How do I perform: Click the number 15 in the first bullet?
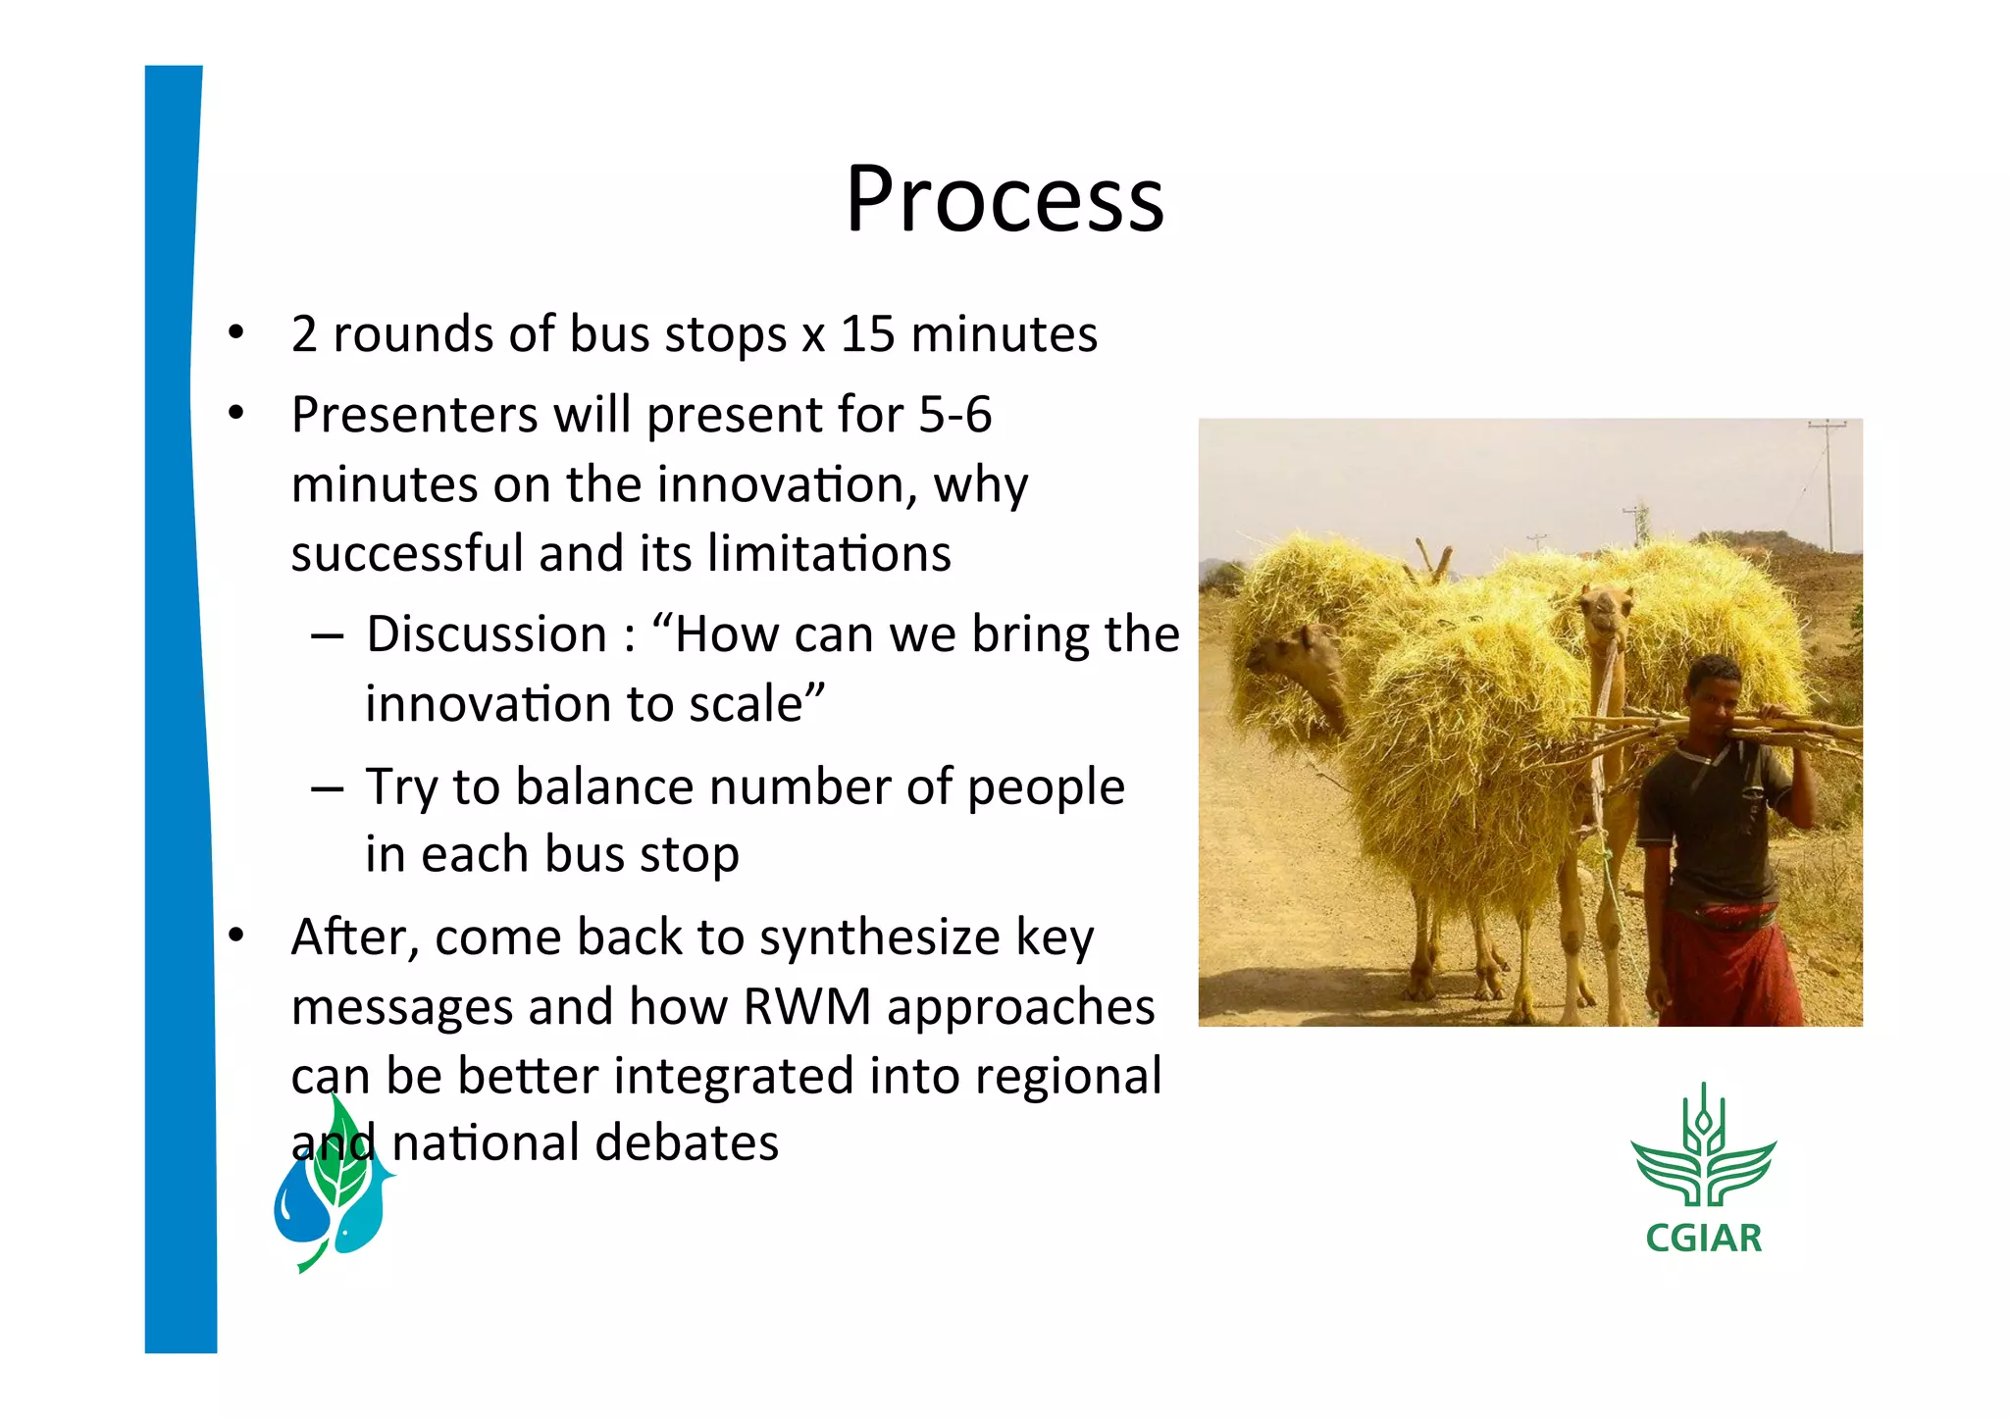(867, 334)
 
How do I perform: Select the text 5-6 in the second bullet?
(954, 415)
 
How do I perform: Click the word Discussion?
(487, 634)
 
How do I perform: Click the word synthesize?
(879, 938)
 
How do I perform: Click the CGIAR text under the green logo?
(1703, 1239)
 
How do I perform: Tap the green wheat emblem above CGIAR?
(1703, 1152)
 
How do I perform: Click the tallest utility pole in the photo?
(1828, 485)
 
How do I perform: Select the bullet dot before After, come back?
(235, 937)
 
